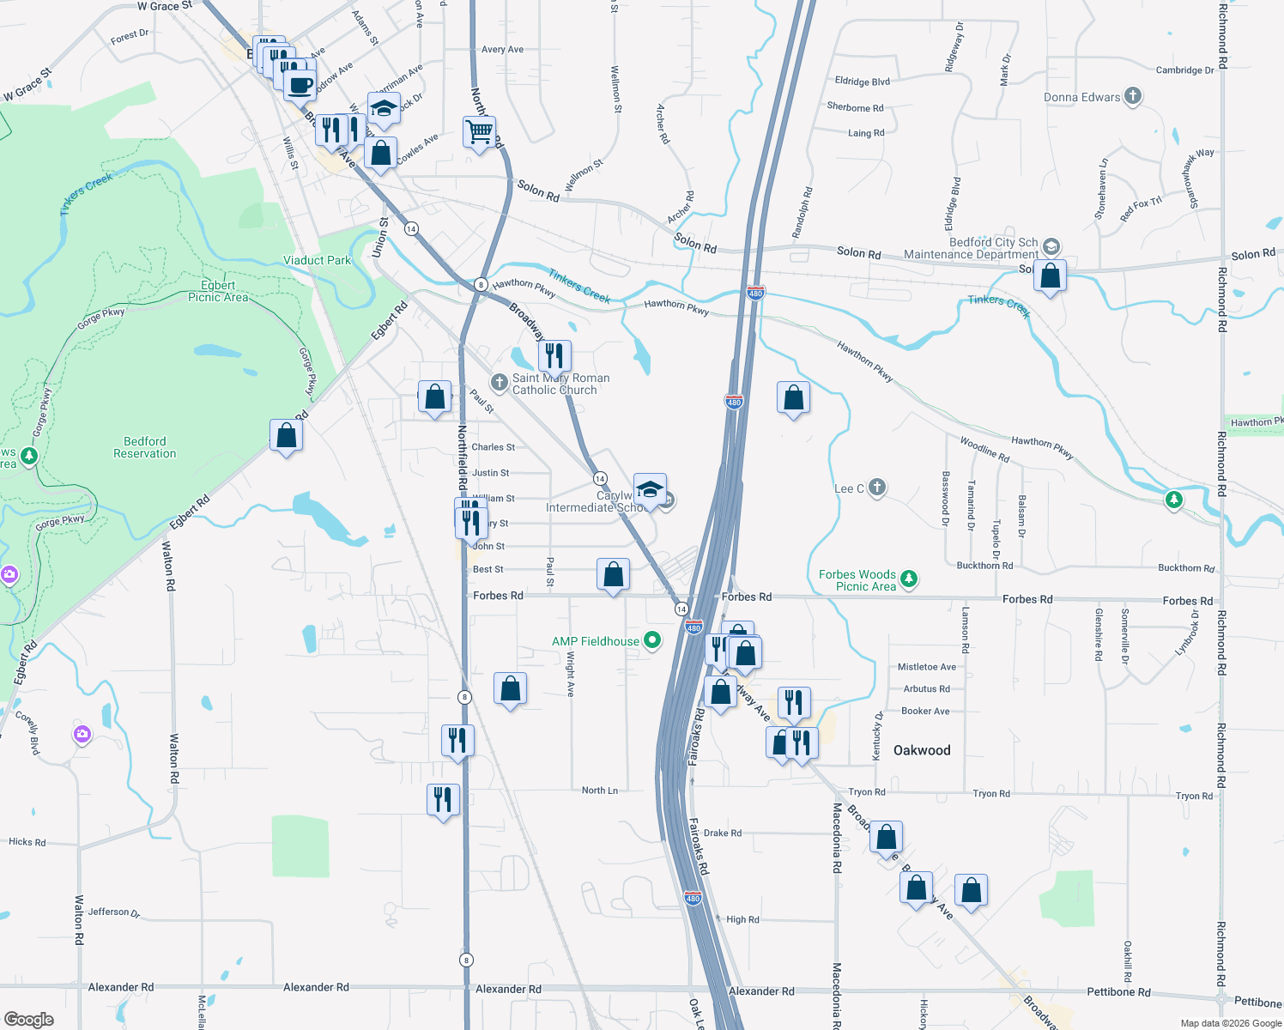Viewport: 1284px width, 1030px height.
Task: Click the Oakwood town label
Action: pos(922,750)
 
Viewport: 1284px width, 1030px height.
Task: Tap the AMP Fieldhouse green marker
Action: pos(652,640)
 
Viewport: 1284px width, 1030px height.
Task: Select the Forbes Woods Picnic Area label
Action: pos(857,580)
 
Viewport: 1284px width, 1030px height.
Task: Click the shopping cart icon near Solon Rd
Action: pos(479,132)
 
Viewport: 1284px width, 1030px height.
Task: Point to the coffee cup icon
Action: pos(300,86)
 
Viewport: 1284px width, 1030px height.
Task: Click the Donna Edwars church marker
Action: pos(1133,96)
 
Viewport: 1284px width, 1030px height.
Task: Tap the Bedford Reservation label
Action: pos(144,447)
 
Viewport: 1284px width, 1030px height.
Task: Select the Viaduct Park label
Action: pos(317,260)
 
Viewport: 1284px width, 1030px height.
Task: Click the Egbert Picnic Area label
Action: pos(218,291)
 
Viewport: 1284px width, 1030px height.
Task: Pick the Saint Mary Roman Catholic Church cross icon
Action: pos(499,381)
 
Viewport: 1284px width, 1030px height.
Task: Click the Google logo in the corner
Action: pos(28,1020)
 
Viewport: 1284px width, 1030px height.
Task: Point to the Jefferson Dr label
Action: pos(113,912)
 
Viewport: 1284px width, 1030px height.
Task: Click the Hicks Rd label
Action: pos(27,842)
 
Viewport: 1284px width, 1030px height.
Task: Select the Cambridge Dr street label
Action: pos(1184,70)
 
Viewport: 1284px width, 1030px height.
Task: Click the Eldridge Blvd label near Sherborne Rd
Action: pos(862,82)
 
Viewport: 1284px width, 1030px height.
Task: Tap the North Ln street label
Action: pos(599,791)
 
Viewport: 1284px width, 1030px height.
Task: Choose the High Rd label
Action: pos(742,919)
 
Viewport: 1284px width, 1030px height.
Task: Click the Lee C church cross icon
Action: pos(876,488)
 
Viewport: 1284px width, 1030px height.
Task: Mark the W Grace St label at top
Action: pos(164,6)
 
